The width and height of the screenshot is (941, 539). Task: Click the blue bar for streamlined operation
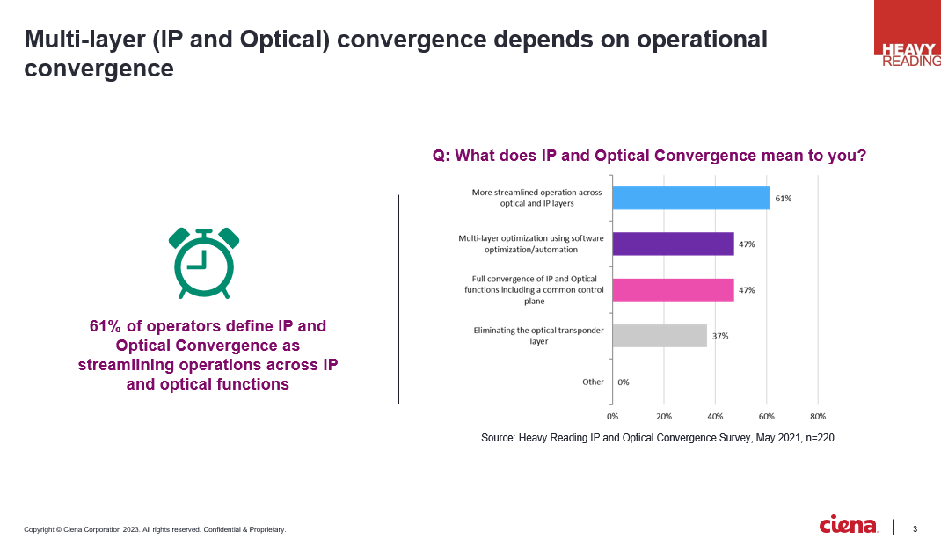click(690, 198)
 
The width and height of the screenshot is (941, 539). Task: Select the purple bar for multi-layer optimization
click(673, 244)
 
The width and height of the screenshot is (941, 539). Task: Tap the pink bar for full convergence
click(673, 289)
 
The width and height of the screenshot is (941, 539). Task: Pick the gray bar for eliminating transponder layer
click(660, 335)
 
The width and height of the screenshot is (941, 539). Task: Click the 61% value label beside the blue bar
click(783, 199)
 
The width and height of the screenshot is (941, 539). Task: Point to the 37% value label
click(720, 336)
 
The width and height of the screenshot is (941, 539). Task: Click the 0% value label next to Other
click(623, 382)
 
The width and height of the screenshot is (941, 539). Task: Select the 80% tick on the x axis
click(818, 415)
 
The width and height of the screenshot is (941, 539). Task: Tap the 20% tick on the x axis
click(664, 415)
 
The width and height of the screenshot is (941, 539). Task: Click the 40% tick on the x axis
click(715, 415)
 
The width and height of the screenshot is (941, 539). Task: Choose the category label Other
click(593, 382)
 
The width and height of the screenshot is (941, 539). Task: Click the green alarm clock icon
click(204, 262)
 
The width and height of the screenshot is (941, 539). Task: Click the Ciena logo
click(848, 525)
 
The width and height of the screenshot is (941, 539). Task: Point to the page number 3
click(915, 528)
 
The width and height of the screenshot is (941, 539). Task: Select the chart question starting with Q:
click(649, 156)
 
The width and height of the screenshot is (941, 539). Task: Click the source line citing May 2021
click(657, 438)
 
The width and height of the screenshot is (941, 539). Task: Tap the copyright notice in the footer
click(155, 529)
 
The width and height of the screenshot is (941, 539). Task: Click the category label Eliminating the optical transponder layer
click(538, 335)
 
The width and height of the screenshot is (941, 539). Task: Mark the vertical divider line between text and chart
click(398, 299)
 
